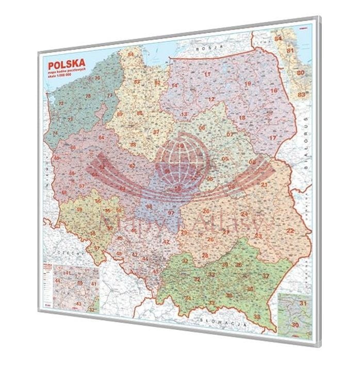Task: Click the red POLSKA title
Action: coord(67,66)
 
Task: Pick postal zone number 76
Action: coord(97,78)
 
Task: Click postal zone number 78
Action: coord(88,96)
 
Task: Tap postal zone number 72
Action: coord(61,104)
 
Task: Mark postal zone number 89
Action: coord(120,114)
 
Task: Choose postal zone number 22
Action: coord(290,230)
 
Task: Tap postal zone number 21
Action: coord(264,185)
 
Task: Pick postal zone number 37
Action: coord(266,276)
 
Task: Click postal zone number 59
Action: coord(80,210)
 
